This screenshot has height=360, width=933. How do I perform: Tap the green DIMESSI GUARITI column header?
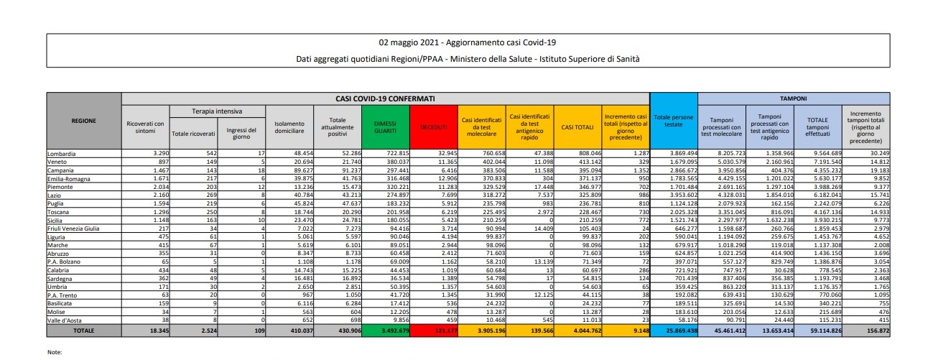tap(385, 126)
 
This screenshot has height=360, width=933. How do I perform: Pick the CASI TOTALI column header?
tap(577, 127)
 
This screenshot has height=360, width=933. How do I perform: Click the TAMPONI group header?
tap(794, 97)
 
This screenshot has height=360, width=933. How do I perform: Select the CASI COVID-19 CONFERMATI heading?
tap(385, 97)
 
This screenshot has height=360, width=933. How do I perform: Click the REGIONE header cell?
tap(84, 121)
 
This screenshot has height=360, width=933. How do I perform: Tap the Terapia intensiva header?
tap(218, 111)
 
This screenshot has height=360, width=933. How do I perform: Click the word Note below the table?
tap(55, 352)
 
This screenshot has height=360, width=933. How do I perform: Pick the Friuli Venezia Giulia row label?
tap(78, 229)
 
